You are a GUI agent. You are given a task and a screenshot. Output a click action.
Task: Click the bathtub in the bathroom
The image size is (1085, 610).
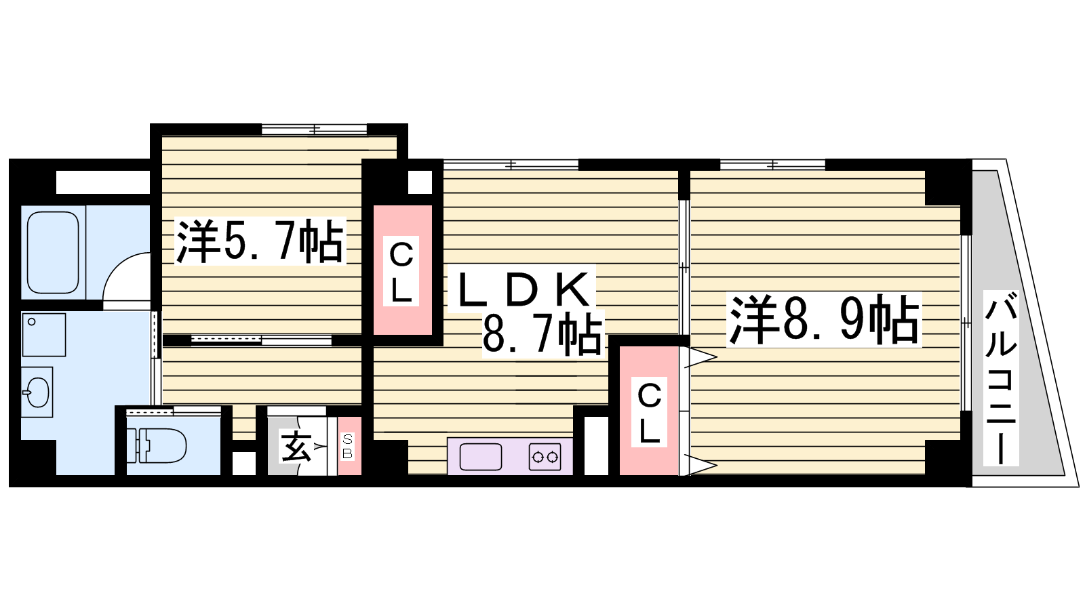click(x=54, y=252)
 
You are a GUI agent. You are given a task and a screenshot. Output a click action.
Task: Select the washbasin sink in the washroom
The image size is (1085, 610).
click(x=37, y=392)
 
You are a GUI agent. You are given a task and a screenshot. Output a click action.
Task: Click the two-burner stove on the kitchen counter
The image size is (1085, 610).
click(x=545, y=457)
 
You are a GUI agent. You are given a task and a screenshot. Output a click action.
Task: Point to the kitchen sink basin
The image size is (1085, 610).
click(x=481, y=457)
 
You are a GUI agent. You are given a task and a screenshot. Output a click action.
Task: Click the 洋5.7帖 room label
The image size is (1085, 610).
click(x=260, y=241)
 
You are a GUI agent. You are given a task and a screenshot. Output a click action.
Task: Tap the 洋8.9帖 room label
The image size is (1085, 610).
click(x=823, y=321)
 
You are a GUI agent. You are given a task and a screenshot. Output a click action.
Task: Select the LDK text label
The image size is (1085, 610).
click(x=521, y=289)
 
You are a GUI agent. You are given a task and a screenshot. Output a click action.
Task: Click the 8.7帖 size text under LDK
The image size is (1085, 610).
click(x=543, y=333)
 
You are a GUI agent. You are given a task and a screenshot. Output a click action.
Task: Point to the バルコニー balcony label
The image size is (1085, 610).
click(x=1001, y=378)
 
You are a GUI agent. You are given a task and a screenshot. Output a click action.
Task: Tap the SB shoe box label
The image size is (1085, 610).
click(x=348, y=447)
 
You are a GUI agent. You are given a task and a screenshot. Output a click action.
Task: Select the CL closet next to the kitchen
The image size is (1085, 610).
click(x=649, y=411)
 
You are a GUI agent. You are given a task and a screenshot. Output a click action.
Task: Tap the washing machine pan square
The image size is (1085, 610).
click(x=43, y=335)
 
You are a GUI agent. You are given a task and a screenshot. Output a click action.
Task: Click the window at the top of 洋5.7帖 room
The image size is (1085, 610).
click(x=315, y=129)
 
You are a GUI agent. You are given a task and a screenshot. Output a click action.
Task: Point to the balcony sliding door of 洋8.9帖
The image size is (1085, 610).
click(x=966, y=323)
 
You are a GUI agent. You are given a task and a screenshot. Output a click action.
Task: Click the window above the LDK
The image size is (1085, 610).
click(x=511, y=165)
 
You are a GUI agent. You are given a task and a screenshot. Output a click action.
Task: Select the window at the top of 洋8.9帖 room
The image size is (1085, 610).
click(x=772, y=165)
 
